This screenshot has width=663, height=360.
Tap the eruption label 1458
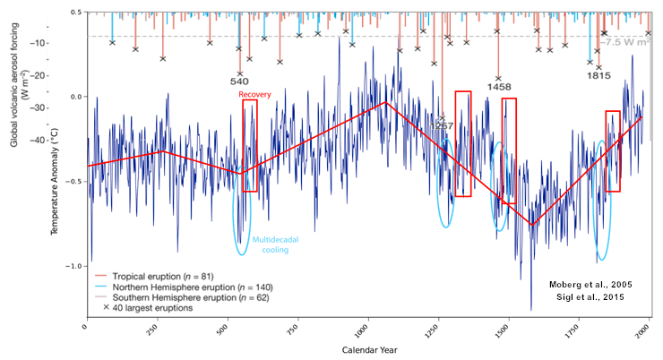pyautogui.click(x=499, y=88)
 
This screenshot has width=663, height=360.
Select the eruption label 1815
pyautogui.click(x=598, y=76)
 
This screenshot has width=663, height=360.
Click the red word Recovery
pyautogui.click(x=255, y=93)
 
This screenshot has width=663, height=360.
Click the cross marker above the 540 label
pyautogui.click(x=239, y=73)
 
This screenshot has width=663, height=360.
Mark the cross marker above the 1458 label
pyautogui.click(x=498, y=79)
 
